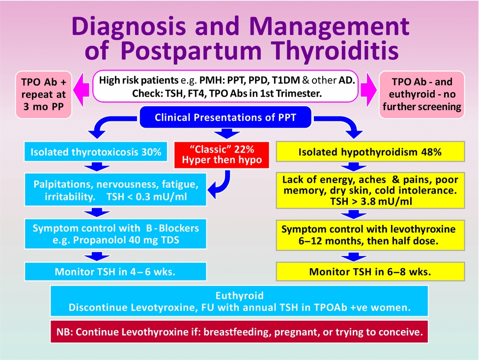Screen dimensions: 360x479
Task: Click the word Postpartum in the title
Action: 201,51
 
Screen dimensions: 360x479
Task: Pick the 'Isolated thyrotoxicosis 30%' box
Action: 96,152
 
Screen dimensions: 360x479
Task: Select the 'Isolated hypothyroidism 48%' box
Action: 370,152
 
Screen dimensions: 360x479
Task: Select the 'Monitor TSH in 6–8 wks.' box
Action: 370,271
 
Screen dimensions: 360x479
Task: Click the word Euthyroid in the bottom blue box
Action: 239,296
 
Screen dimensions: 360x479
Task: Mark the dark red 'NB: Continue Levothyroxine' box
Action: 239,332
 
